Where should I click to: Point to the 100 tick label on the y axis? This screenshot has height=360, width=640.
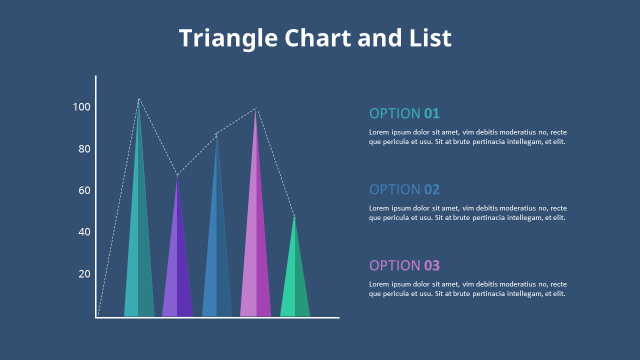81,107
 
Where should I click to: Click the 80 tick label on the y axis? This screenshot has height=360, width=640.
84,149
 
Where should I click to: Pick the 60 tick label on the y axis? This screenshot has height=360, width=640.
84,190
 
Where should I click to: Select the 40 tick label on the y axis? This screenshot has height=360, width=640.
84,232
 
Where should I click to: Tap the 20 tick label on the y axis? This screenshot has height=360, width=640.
84,273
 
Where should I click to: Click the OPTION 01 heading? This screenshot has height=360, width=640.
404,113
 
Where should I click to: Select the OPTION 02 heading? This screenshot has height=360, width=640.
404,189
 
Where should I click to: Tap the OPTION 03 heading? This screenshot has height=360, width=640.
404,265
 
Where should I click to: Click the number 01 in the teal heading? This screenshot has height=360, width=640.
431,113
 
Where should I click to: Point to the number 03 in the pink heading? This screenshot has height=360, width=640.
431,265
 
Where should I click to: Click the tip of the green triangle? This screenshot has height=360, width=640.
294,217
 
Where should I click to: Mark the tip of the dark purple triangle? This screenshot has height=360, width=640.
177,176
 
